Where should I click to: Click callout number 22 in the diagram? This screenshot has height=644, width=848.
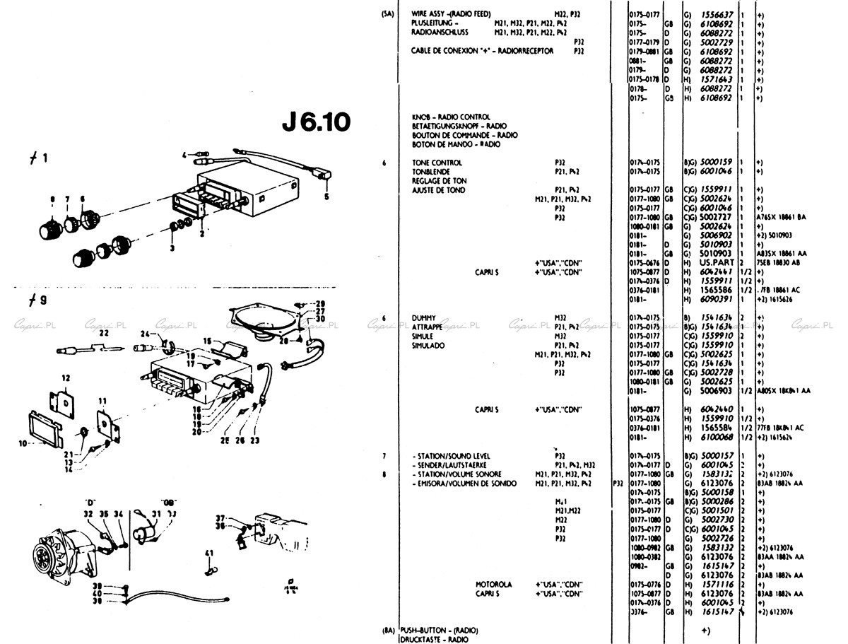104,332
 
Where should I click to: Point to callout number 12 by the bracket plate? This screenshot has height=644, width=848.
66,377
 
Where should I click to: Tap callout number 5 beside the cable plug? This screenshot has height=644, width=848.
326,197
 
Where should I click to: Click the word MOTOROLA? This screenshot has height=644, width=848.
493,585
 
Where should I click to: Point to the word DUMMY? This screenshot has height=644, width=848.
425,317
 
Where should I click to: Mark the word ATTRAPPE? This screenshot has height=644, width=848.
427,327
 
